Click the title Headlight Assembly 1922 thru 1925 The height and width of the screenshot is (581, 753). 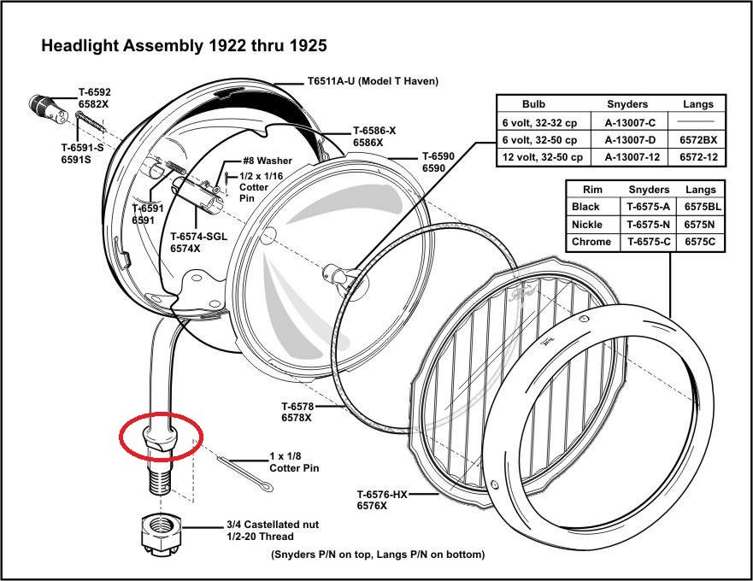pyautogui.click(x=184, y=45)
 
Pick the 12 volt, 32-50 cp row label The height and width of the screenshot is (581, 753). pyautogui.click(x=543, y=158)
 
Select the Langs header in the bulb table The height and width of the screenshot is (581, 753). pyautogui.click(x=698, y=104)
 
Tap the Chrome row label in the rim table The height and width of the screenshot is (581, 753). pyautogui.click(x=591, y=242)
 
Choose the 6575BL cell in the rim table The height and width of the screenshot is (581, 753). pyautogui.click(x=701, y=207)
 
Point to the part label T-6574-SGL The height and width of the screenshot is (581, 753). pyautogui.click(x=198, y=237)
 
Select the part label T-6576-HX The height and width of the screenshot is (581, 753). pyautogui.click(x=382, y=495)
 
